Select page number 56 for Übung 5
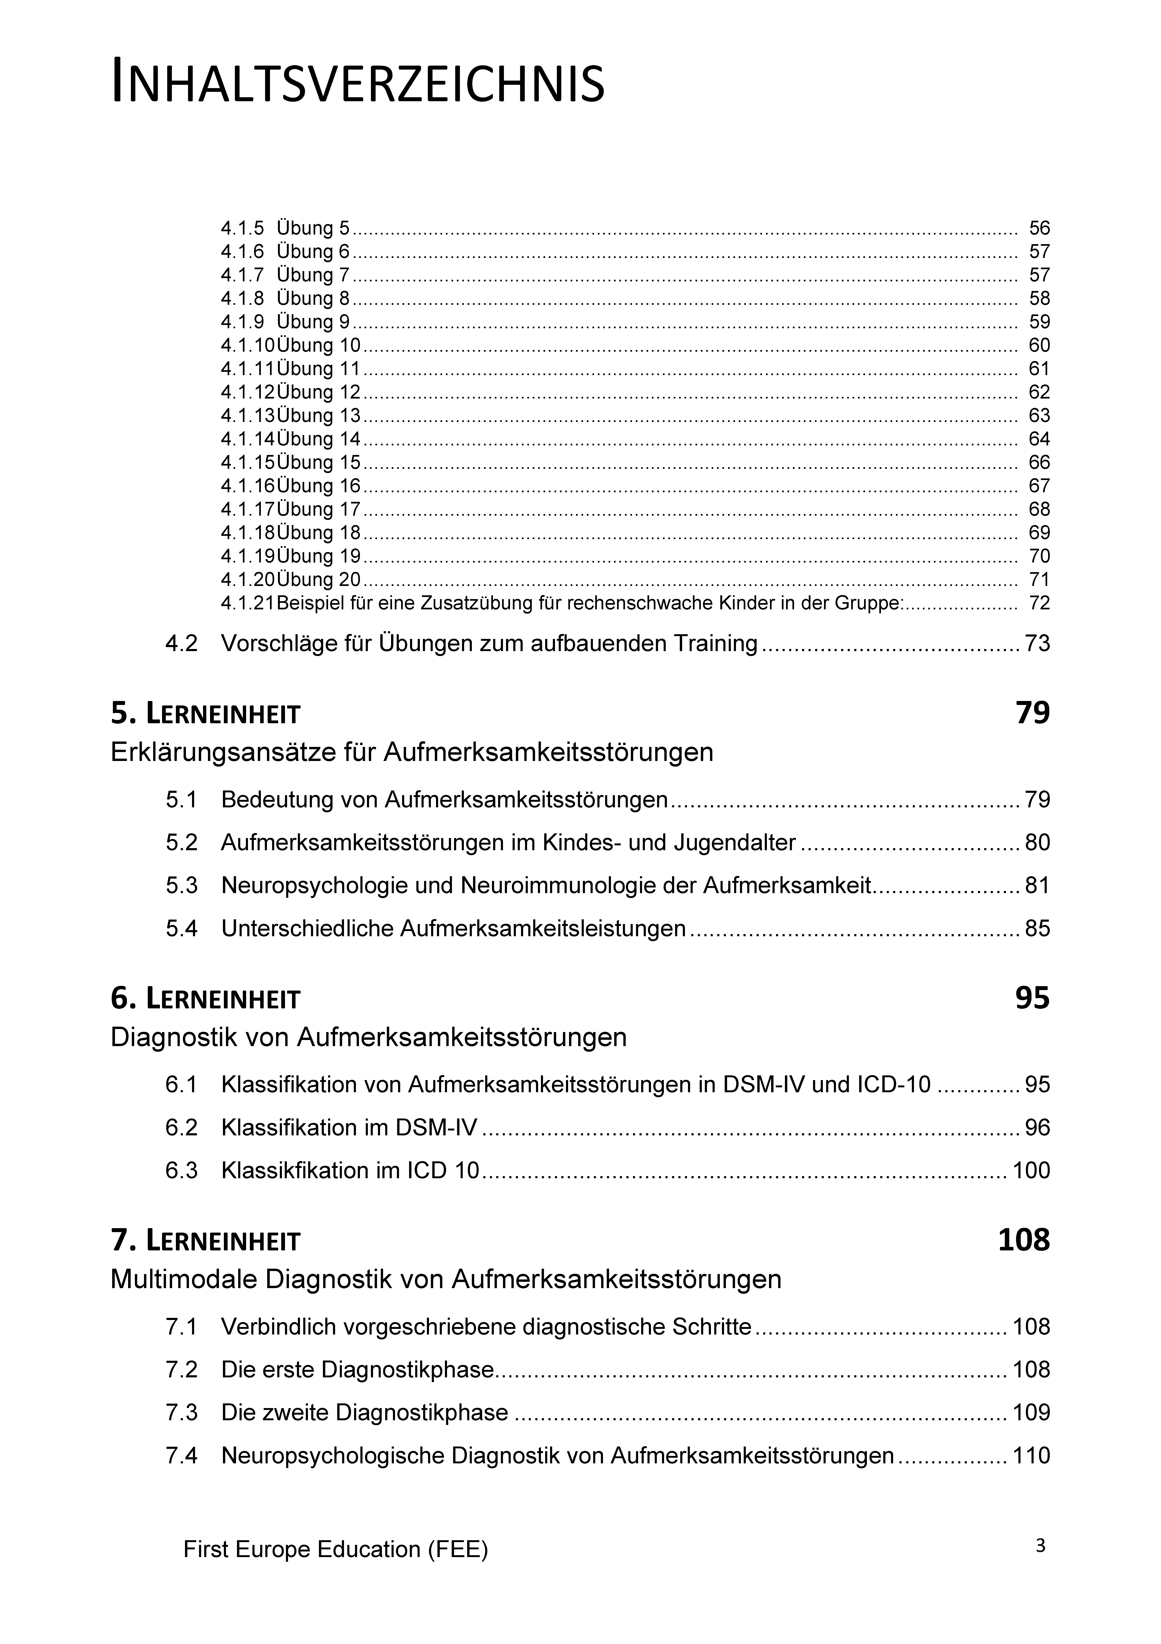pyautogui.click(x=1039, y=228)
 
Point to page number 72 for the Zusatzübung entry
pyautogui.click(x=1039, y=603)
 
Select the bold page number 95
pyautogui.click(x=1032, y=998)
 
